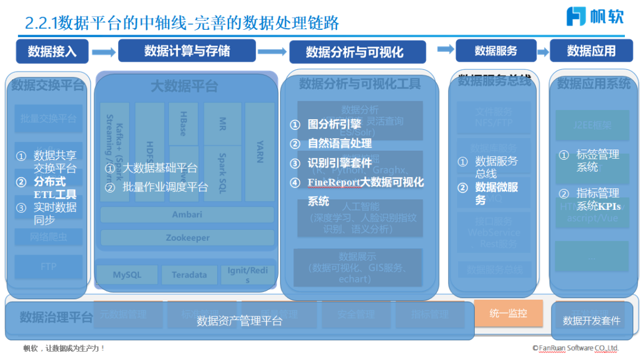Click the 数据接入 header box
[x=52, y=51]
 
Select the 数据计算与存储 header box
[x=187, y=51]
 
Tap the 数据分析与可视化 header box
[x=357, y=52]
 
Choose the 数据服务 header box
[x=496, y=51]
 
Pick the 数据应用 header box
[x=591, y=51]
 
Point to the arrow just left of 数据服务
[x=445, y=49]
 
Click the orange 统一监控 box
[x=508, y=313]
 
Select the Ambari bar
[x=187, y=215]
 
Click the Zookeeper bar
[x=187, y=238]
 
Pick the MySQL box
[x=127, y=275]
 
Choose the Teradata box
[x=189, y=275]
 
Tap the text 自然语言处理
[x=339, y=144]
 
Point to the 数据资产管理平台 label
[x=239, y=321]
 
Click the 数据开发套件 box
[x=591, y=321]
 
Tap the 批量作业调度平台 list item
[x=165, y=187]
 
